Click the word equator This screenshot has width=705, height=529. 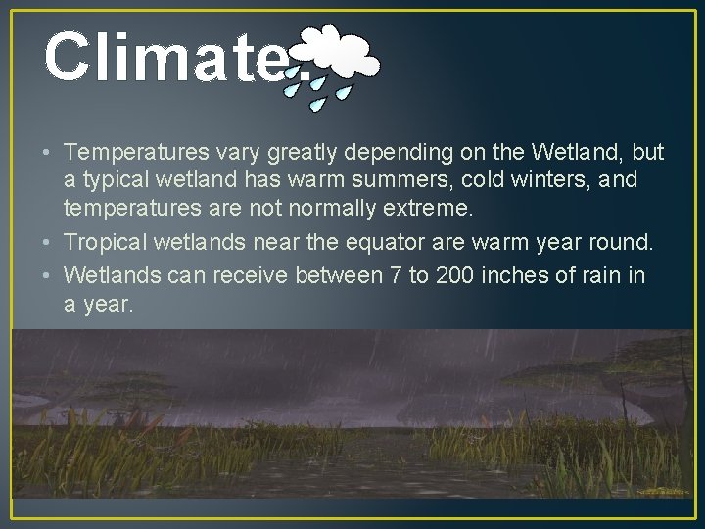coord(335,243)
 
